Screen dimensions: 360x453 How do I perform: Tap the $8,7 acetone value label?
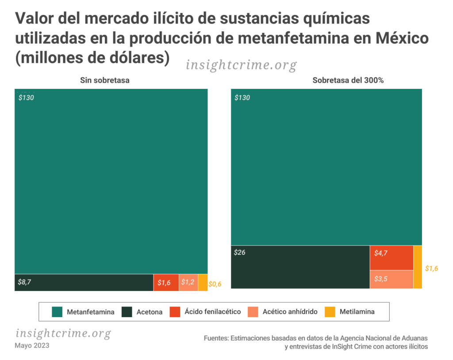click(x=25, y=282)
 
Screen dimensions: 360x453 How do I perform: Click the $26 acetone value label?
click(x=239, y=253)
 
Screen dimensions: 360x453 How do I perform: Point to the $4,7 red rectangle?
click(x=391, y=257)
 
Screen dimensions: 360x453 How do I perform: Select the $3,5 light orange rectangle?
click(x=391, y=279)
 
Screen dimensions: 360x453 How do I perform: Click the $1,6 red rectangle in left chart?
click(x=166, y=283)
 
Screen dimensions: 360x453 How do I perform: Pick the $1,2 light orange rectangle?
click(x=188, y=283)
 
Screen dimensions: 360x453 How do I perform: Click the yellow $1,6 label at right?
click(x=432, y=268)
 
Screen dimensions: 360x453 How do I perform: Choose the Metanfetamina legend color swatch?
click(x=57, y=312)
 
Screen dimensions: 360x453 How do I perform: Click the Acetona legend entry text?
click(x=149, y=312)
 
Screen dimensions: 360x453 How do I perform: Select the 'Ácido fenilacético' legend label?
click(x=213, y=312)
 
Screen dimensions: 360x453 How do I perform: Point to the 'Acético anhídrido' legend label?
click(x=290, y=312)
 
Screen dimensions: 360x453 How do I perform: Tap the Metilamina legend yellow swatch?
click(x=330, y=312)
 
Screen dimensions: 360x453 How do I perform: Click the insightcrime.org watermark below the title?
click(x=241, y=65)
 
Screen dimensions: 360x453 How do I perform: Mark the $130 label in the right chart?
click(x=242, y=98)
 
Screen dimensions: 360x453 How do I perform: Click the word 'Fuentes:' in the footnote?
click(x=216, y=338)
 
